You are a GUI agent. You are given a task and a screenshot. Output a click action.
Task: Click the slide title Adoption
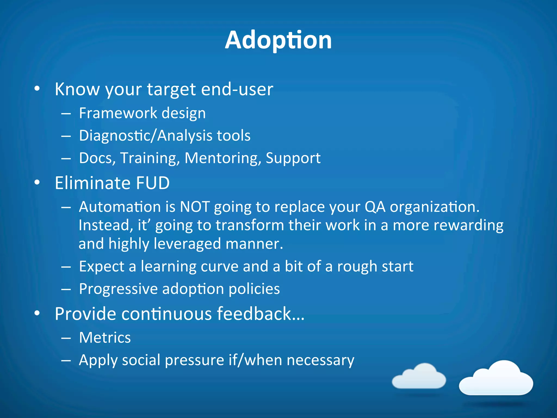[x=278, y=40]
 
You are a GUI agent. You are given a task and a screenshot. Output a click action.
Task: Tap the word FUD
[x=153, y=183]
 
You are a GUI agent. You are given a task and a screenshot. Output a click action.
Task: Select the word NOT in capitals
[x=195, y=207]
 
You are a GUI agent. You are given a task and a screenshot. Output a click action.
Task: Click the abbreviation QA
[x=375, y=207]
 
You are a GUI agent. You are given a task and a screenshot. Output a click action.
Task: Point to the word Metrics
[x=105, y=338]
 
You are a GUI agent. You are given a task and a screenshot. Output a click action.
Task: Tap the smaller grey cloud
[x=419, y=377]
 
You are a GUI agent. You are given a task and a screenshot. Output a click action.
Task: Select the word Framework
[x=118, y=113]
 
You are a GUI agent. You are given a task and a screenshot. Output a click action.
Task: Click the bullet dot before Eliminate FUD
[x=37, y=183]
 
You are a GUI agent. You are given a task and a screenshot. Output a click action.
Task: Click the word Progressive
[x=118, y=289]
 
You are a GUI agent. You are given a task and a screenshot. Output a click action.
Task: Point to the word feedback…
[x=261, y=314]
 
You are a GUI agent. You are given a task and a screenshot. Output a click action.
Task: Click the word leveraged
[x=187, y=244]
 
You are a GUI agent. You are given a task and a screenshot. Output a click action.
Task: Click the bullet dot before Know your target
[x=37, y=89]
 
